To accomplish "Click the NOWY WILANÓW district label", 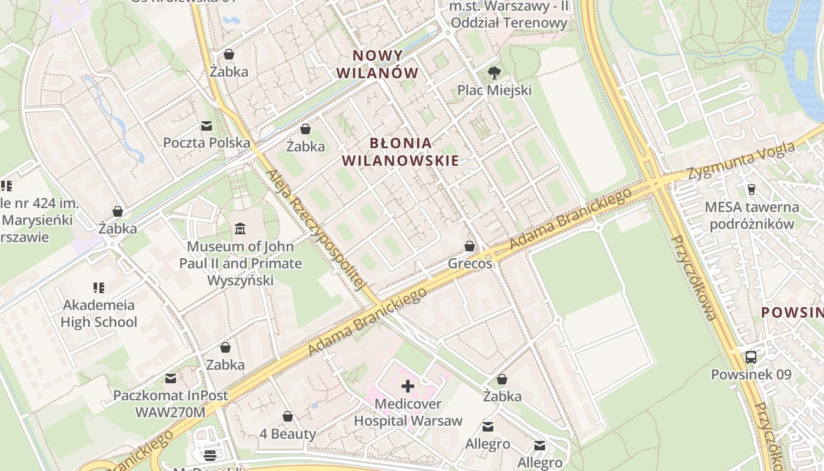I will coord(386,65).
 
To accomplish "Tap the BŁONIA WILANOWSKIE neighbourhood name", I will coord(400,152).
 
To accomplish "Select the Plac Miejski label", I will coord(494,90).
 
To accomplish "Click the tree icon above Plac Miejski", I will coord(494,73).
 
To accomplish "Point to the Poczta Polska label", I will coord(207,142).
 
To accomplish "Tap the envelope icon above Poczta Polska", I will coord(207,125).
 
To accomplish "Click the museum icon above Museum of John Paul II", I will coord(240,228).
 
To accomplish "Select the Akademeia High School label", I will coord(99,313).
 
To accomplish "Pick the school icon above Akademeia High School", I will coord(99,288).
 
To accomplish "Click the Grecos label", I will coord(470,263).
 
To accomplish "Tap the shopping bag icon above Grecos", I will coord(470,246).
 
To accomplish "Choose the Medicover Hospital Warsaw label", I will coord(408,412).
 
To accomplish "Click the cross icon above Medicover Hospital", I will coord(408,386).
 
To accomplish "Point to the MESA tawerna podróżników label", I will coord(752,215).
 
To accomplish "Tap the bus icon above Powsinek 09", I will coord(751,357).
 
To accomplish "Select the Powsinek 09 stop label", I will coord(751,374).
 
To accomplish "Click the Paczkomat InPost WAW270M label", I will coord(171,404).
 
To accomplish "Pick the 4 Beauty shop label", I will coord(288,434).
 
